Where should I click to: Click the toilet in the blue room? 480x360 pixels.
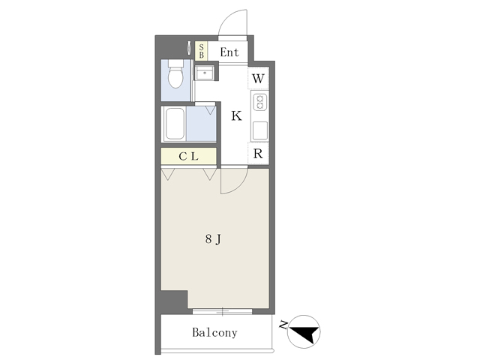pos(175,73)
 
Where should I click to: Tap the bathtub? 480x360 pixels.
pos(175,124)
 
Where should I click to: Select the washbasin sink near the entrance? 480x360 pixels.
pos(205,73)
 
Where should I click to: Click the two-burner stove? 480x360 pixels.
pos(260,102)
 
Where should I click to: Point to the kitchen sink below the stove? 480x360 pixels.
pos(260,130)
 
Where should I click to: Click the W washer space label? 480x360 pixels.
pos(258,79)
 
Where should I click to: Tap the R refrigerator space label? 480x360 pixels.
pos(258,154)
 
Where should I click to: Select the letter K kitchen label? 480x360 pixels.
pos(237,116)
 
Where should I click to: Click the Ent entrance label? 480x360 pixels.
pos(229,52)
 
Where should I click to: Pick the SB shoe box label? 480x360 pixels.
pos(201,51)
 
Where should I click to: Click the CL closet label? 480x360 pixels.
pos(188,157)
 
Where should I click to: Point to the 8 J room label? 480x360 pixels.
pos(213,239)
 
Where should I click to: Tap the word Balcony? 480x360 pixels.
pos(214,332)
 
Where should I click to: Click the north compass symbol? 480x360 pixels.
pos(304,331)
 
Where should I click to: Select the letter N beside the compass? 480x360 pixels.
pos(283,324)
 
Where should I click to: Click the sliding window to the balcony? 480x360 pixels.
pos(223,312)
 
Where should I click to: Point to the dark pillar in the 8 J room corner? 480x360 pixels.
pos(174,302)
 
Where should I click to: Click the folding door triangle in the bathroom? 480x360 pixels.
pos(210,109)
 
